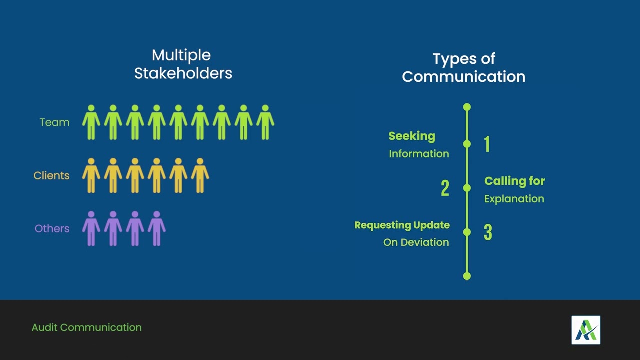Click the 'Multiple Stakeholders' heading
pyautogui.click(x=183, y=64)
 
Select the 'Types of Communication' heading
pyautogui.click(x=463, y=68)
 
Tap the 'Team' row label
pyautogui.click(x=54, y=122)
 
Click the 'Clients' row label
pyautogui.click(x=51, y=176)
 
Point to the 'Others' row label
pyautogui.click(x=52, y=229)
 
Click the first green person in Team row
pyautogui.click(x=91, y=122)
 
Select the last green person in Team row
pyautogui.click(x=265, y=122)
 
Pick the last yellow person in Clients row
pyautogui.click(x=200, y=176)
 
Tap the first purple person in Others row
pyautogui.click(x=91, y=229)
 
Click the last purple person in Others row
pyautogui.click(x=156, y=229)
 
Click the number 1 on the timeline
pyautogui.click(x=487, y=144)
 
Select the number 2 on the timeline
pyautogui.click(x=445, y=188)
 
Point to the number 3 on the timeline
pyautogui.click(x=488, y=233)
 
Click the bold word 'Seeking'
pyautogui.click(x=411, y=136)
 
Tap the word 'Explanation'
pyautogui.click(x=514, y=199)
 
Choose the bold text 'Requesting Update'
pyautogui.click(x=402, y=225)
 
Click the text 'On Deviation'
pyautogui.click(x=416, y=242)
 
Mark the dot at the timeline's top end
pyautogui.click(x=467, y=107)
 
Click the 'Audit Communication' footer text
pyautogui.click(x=87, y=328)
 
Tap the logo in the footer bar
pyautogui.click(x=586, y=330)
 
